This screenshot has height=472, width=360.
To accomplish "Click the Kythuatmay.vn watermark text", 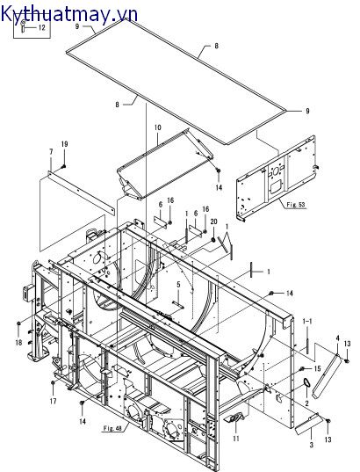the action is click(x=69, y=13).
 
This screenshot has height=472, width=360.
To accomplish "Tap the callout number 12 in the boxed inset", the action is click(x=42, y=28).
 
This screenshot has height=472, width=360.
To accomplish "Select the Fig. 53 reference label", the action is click(x=296, y=205).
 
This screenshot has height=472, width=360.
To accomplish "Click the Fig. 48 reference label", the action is click(x=112, y=428).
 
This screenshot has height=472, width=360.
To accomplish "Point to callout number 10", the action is click(x=158, y=127).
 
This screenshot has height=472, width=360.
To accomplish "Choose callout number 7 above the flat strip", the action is click(x=51, y=152).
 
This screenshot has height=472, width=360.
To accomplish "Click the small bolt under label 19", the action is click(x=63, y=166).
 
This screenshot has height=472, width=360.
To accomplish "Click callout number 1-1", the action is click(x=307, y=321).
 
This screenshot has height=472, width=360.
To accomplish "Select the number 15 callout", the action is click(x=317, y=368).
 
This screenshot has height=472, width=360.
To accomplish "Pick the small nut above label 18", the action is click(x=18, y=323).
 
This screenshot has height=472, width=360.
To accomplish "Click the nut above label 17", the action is click(x=53, y=382).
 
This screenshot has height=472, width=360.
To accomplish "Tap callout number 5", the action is click(x=178, y=284).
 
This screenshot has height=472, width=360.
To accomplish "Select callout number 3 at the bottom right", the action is click(x=312, y=444).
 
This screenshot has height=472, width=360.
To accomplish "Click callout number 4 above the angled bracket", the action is click(x=337, y=338).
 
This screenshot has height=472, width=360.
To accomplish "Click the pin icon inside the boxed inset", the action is click(x=23, y=25).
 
